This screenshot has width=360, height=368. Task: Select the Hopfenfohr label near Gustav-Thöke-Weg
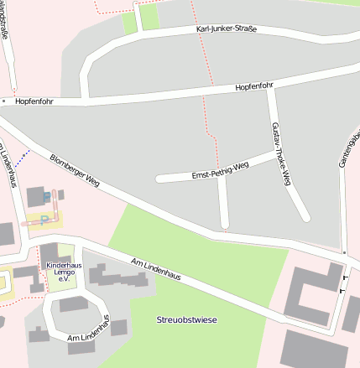coord(254,86)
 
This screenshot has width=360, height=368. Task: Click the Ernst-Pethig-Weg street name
coord(221,170)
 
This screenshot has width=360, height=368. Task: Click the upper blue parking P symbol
coord(45,195)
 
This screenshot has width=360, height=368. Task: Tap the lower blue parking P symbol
coord(44,220)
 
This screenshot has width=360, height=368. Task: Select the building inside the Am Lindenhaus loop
coord(74,303)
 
